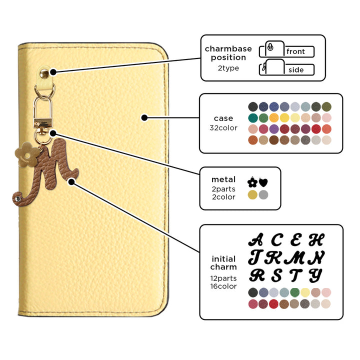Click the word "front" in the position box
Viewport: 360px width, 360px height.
point(296,51)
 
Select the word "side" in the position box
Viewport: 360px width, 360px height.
point(296,70)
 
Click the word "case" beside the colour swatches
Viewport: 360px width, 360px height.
point(223,118)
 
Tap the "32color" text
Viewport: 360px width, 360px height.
point(223,128)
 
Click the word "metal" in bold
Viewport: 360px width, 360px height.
point(223,179)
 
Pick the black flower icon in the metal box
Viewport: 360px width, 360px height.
point(252,182)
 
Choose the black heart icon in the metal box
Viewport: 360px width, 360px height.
point(263,182)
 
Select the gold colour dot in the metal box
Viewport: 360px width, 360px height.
point(252,195)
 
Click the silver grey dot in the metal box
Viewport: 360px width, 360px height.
point(263,195)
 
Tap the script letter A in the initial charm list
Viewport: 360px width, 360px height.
point(256,240)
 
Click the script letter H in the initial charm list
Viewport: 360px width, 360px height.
point(315,240)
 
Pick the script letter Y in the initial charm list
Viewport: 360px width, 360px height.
point(315,275)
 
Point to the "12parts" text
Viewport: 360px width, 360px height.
point(223,278)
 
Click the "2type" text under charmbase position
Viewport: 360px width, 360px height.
point(228,68)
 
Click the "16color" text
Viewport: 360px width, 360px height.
point(223,286)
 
